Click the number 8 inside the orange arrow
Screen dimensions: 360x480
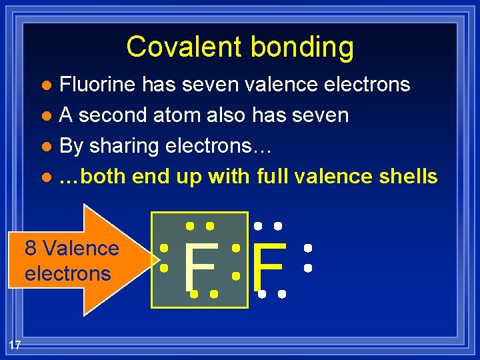pos(31,249)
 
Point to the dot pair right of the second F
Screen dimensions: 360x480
pos(307,258)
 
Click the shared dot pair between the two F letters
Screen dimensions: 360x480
pos(235,261)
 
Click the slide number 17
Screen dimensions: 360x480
pos(15,344)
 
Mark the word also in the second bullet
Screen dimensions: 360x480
pos(226,115)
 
